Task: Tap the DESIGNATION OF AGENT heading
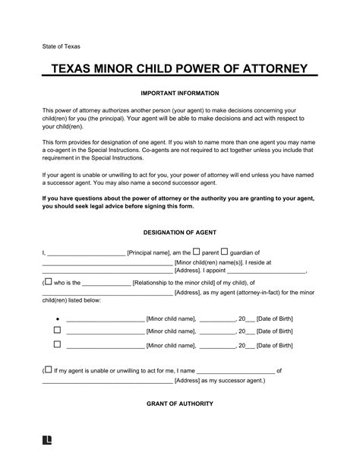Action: tap(179, 231)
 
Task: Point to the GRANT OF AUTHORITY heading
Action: tap(179, 403)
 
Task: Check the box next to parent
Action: tap(196, 251)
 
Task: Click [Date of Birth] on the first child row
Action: tap(274, 319)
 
